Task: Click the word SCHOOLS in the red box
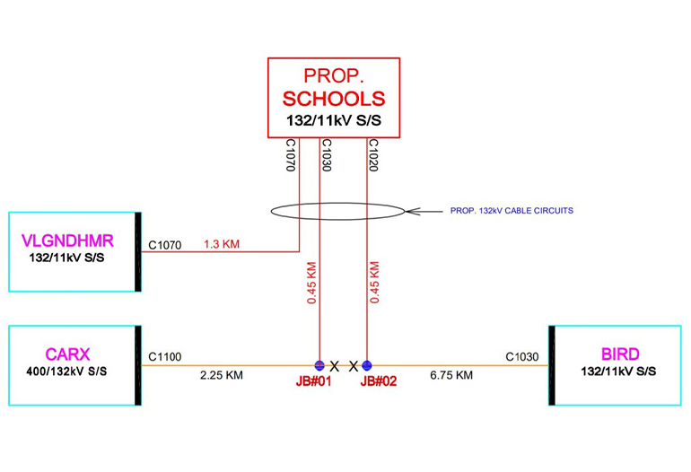[x=334, y=99]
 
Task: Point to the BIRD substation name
[x=620, y=354]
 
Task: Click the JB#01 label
[x=315, y=380]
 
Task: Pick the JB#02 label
[x=378, y=380]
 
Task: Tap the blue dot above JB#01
[x=319, y=365]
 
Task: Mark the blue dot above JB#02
[x=366, y=365]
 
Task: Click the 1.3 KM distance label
[x=222, y=244]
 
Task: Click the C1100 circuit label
[x=164, y=357]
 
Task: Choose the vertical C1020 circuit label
[x=372, y=156]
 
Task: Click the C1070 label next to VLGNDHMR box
[x=164, y=244]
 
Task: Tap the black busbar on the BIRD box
[x=553, y=365]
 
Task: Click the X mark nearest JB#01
[x=335, y=366]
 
